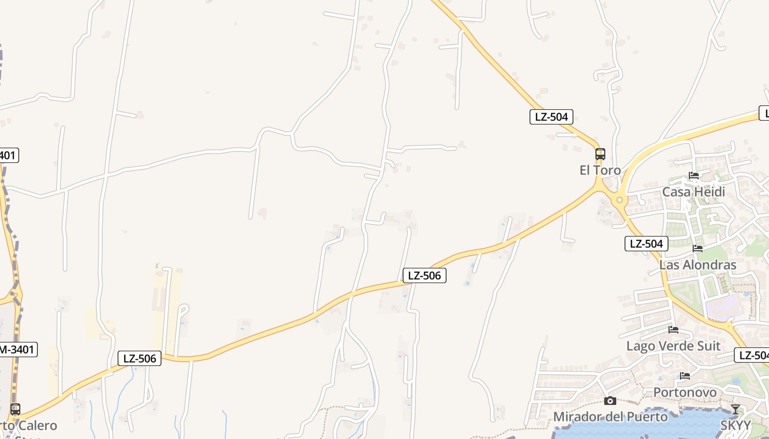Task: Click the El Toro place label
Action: [600, 170]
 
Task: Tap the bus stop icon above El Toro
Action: [600, 154]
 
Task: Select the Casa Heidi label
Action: [693, 192]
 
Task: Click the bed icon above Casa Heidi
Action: [694, 176]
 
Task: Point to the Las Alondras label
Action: [698, 265]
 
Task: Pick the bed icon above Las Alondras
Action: [698, 249]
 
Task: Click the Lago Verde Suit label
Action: [673, 346]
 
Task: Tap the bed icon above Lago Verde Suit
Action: [673, 330]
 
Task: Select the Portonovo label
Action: [684, 392]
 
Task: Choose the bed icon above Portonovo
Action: [685, 376]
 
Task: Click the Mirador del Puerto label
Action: [610, 417]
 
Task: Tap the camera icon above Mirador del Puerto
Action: [610, 401]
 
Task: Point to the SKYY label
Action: [735, 426]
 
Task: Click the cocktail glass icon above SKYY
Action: [735, 409]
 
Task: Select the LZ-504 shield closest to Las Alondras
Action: [647, 244]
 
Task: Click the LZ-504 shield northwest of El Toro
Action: [551, 116]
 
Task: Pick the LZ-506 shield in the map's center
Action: [425, 275]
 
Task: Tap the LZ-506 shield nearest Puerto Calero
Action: [140, 359]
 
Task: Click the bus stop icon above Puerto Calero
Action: [15, 409]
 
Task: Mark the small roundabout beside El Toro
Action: [620, 200]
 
